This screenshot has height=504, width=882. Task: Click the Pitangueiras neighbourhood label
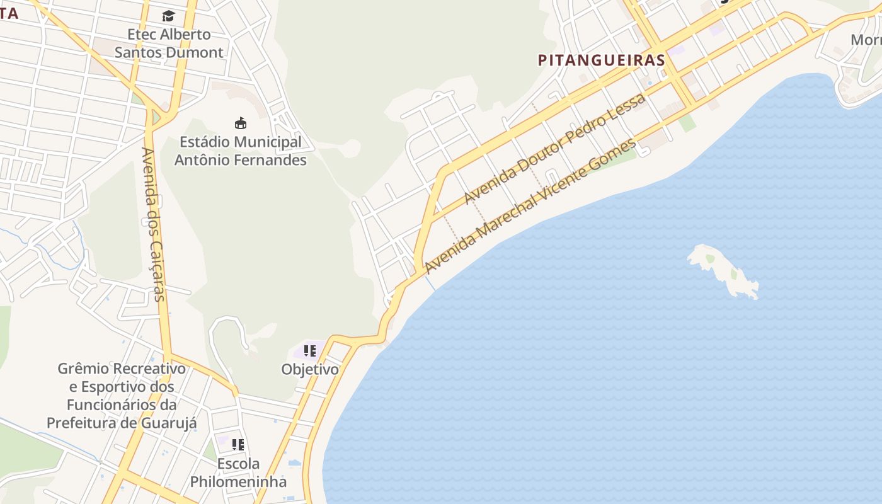tap(601, 60)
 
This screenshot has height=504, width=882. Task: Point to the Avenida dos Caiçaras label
tap(153, 224)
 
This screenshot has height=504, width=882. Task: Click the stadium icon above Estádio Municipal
tap(240, 123)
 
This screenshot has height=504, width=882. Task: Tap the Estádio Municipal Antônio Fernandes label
tap(240, 151)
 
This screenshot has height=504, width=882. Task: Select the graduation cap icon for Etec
tap(168, 16)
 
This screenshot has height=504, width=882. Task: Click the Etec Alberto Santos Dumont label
tap(169, 43)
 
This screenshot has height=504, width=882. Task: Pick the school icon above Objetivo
tap(309, 351)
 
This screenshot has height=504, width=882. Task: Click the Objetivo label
tap(309, 369)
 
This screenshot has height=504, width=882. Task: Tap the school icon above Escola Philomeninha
tap(238, 445)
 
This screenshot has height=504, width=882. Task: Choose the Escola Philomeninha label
tap(238, 473)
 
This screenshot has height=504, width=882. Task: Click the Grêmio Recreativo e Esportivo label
tap(122, 395)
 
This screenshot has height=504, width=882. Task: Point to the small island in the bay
tap(723, 270)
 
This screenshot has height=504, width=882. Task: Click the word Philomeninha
tap(238, 482)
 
